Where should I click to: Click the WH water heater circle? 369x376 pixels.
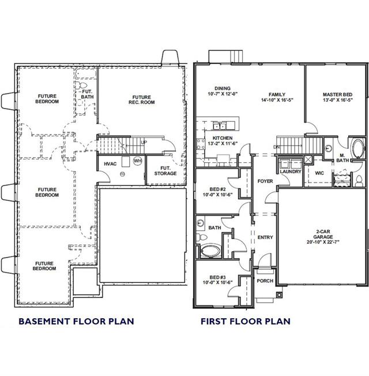coord(138,161)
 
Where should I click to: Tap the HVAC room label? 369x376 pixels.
coord(110,164)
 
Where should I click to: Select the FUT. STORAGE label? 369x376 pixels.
coord(165,171)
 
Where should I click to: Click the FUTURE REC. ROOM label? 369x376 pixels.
coord(142,100)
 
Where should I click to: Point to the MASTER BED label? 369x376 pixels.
coord(337,95)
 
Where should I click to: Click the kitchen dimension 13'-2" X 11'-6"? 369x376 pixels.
coord(223,144)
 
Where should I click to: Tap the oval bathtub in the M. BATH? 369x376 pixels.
coord(357,148)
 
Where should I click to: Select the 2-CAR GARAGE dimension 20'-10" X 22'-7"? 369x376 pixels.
coord(323,242)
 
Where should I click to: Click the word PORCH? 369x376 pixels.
coord(265,281)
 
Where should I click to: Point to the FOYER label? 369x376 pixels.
coord(265,181)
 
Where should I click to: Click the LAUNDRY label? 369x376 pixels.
coord(291,172)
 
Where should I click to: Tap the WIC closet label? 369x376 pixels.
coord(319,173)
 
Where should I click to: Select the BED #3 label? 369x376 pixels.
coord(217,277)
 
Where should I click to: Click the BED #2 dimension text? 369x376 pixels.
coord(217,195)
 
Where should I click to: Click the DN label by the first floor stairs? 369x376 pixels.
coord(277,147)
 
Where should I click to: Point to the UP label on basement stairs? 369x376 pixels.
coord(144,143)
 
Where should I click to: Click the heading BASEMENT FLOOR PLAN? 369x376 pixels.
coord(76,321)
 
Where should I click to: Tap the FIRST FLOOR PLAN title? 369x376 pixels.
coord(246,321)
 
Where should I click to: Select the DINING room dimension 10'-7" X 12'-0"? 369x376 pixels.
coord(223,94)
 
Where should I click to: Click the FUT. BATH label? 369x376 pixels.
coord(87,94)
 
